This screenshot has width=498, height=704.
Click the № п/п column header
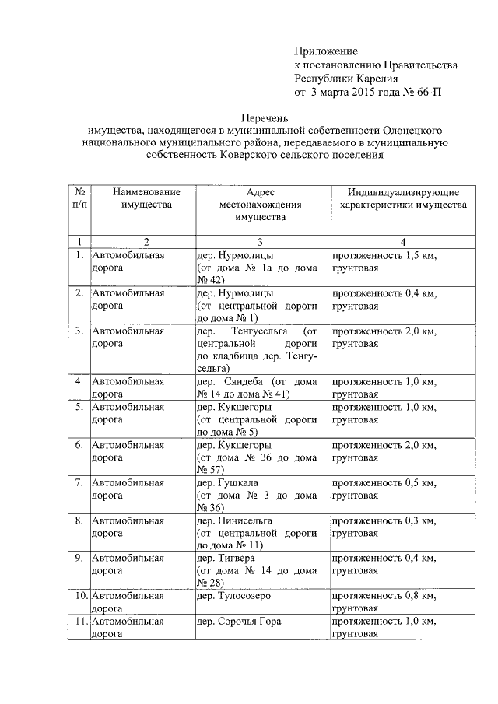[79, 198]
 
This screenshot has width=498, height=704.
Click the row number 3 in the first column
[79, 331]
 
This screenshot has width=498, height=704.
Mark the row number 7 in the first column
[79, 482]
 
